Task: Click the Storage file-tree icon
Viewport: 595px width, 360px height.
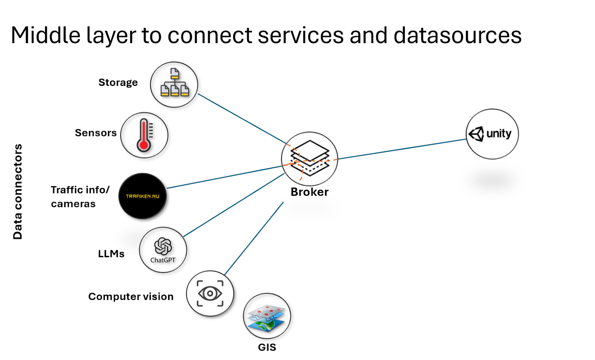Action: pyautogui.click(x=174, y=84)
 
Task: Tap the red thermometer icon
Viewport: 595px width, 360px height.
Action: pyautogui.click(x=144, y=135)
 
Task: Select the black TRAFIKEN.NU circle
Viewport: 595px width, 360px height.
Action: pyautogui.click(x=142, y=196)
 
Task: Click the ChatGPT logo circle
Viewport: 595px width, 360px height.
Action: pyautogui.click(x=163, y=250)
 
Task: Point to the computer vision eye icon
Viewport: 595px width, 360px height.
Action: pyautogui.click(x=210, y=293)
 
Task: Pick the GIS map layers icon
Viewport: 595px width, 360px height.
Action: pyautogui.click(x=267, y=316)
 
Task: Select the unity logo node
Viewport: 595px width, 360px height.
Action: pyautogui.click(x=492, y=134)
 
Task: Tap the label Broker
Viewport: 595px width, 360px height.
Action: pyautogui.click(x=309, y=192)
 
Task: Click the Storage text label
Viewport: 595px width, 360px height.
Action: pyautogui.click(x=118, y=83)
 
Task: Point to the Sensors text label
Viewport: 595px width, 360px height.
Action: pyautogui.click(x=96, y=133)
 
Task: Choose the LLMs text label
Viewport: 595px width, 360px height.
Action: pyautogui.click(x=111, y=254)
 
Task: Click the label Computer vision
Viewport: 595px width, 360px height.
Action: pyautogui.click(x=131, y=296)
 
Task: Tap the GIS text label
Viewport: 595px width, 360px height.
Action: pyautogui.click(x=267, y=347)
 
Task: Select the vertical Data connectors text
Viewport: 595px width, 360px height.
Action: pyautogui.click(x=17, y=192)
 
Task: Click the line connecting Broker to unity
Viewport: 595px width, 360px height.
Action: pyautogui.click(x=402, y=149)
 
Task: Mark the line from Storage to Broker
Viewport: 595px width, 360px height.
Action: pyautogui.click(x=242, y=119)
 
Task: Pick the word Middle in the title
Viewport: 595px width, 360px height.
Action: pyautogui.click(x=46, y=36)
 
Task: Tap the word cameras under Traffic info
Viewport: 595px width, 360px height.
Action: pyautogui.click(x=73, y=204)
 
